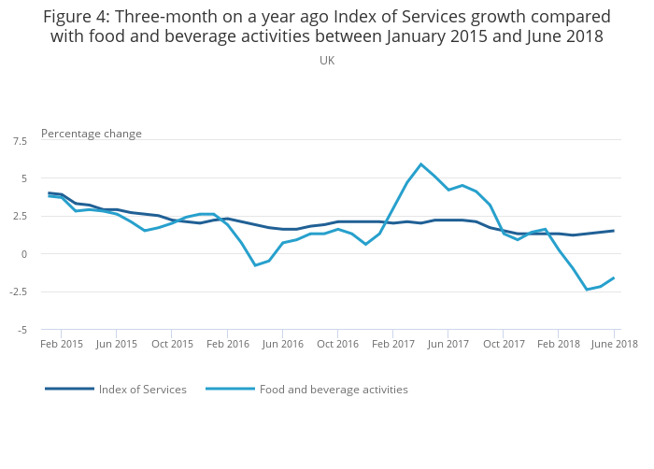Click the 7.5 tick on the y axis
[x=21, y=140]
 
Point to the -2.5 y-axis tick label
[x=19, y=291]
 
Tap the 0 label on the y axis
[x=25, y=254]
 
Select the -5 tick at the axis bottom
[x=22, y=330]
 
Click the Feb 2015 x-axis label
[x=62, y=344]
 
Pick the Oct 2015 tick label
[x=172, y=344]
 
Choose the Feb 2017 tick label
[x=393, y=344]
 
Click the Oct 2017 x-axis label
[x=504, y=344]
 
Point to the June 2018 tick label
[x=614, y=344]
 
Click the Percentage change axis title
[x=92, y=134]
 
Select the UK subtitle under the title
[x=327, y=61]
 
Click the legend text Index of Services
[x=143, y=390]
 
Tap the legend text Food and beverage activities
[x=334, y=390]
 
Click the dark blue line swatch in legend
[x=69, y=389]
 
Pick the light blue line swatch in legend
[x=230, y=389]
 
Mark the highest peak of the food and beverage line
[x=421, y=164]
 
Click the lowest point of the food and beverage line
[x=587, y=290]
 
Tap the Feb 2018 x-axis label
[x=559, y=344]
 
